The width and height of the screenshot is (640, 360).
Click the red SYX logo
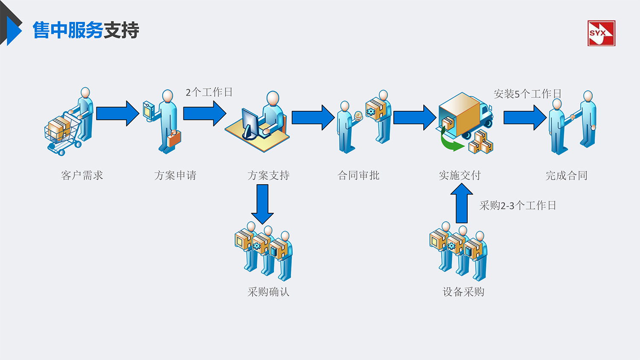601,33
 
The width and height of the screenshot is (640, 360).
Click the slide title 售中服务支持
86,30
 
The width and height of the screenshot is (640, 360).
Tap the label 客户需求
82,175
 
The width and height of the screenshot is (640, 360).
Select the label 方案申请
175,175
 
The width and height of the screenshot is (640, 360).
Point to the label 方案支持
268,175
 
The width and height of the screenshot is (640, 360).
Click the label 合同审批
358,175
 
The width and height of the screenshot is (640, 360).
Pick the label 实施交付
460,175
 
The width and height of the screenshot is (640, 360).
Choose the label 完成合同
567,175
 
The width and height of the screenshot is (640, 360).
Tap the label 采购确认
268,292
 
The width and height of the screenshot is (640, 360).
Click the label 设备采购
463,292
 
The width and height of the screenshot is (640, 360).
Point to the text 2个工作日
209,92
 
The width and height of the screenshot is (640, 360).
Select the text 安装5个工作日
527,94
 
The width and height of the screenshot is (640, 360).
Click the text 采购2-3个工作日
518,206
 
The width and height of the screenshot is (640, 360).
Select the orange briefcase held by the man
174,138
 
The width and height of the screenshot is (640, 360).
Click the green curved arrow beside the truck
451,142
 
